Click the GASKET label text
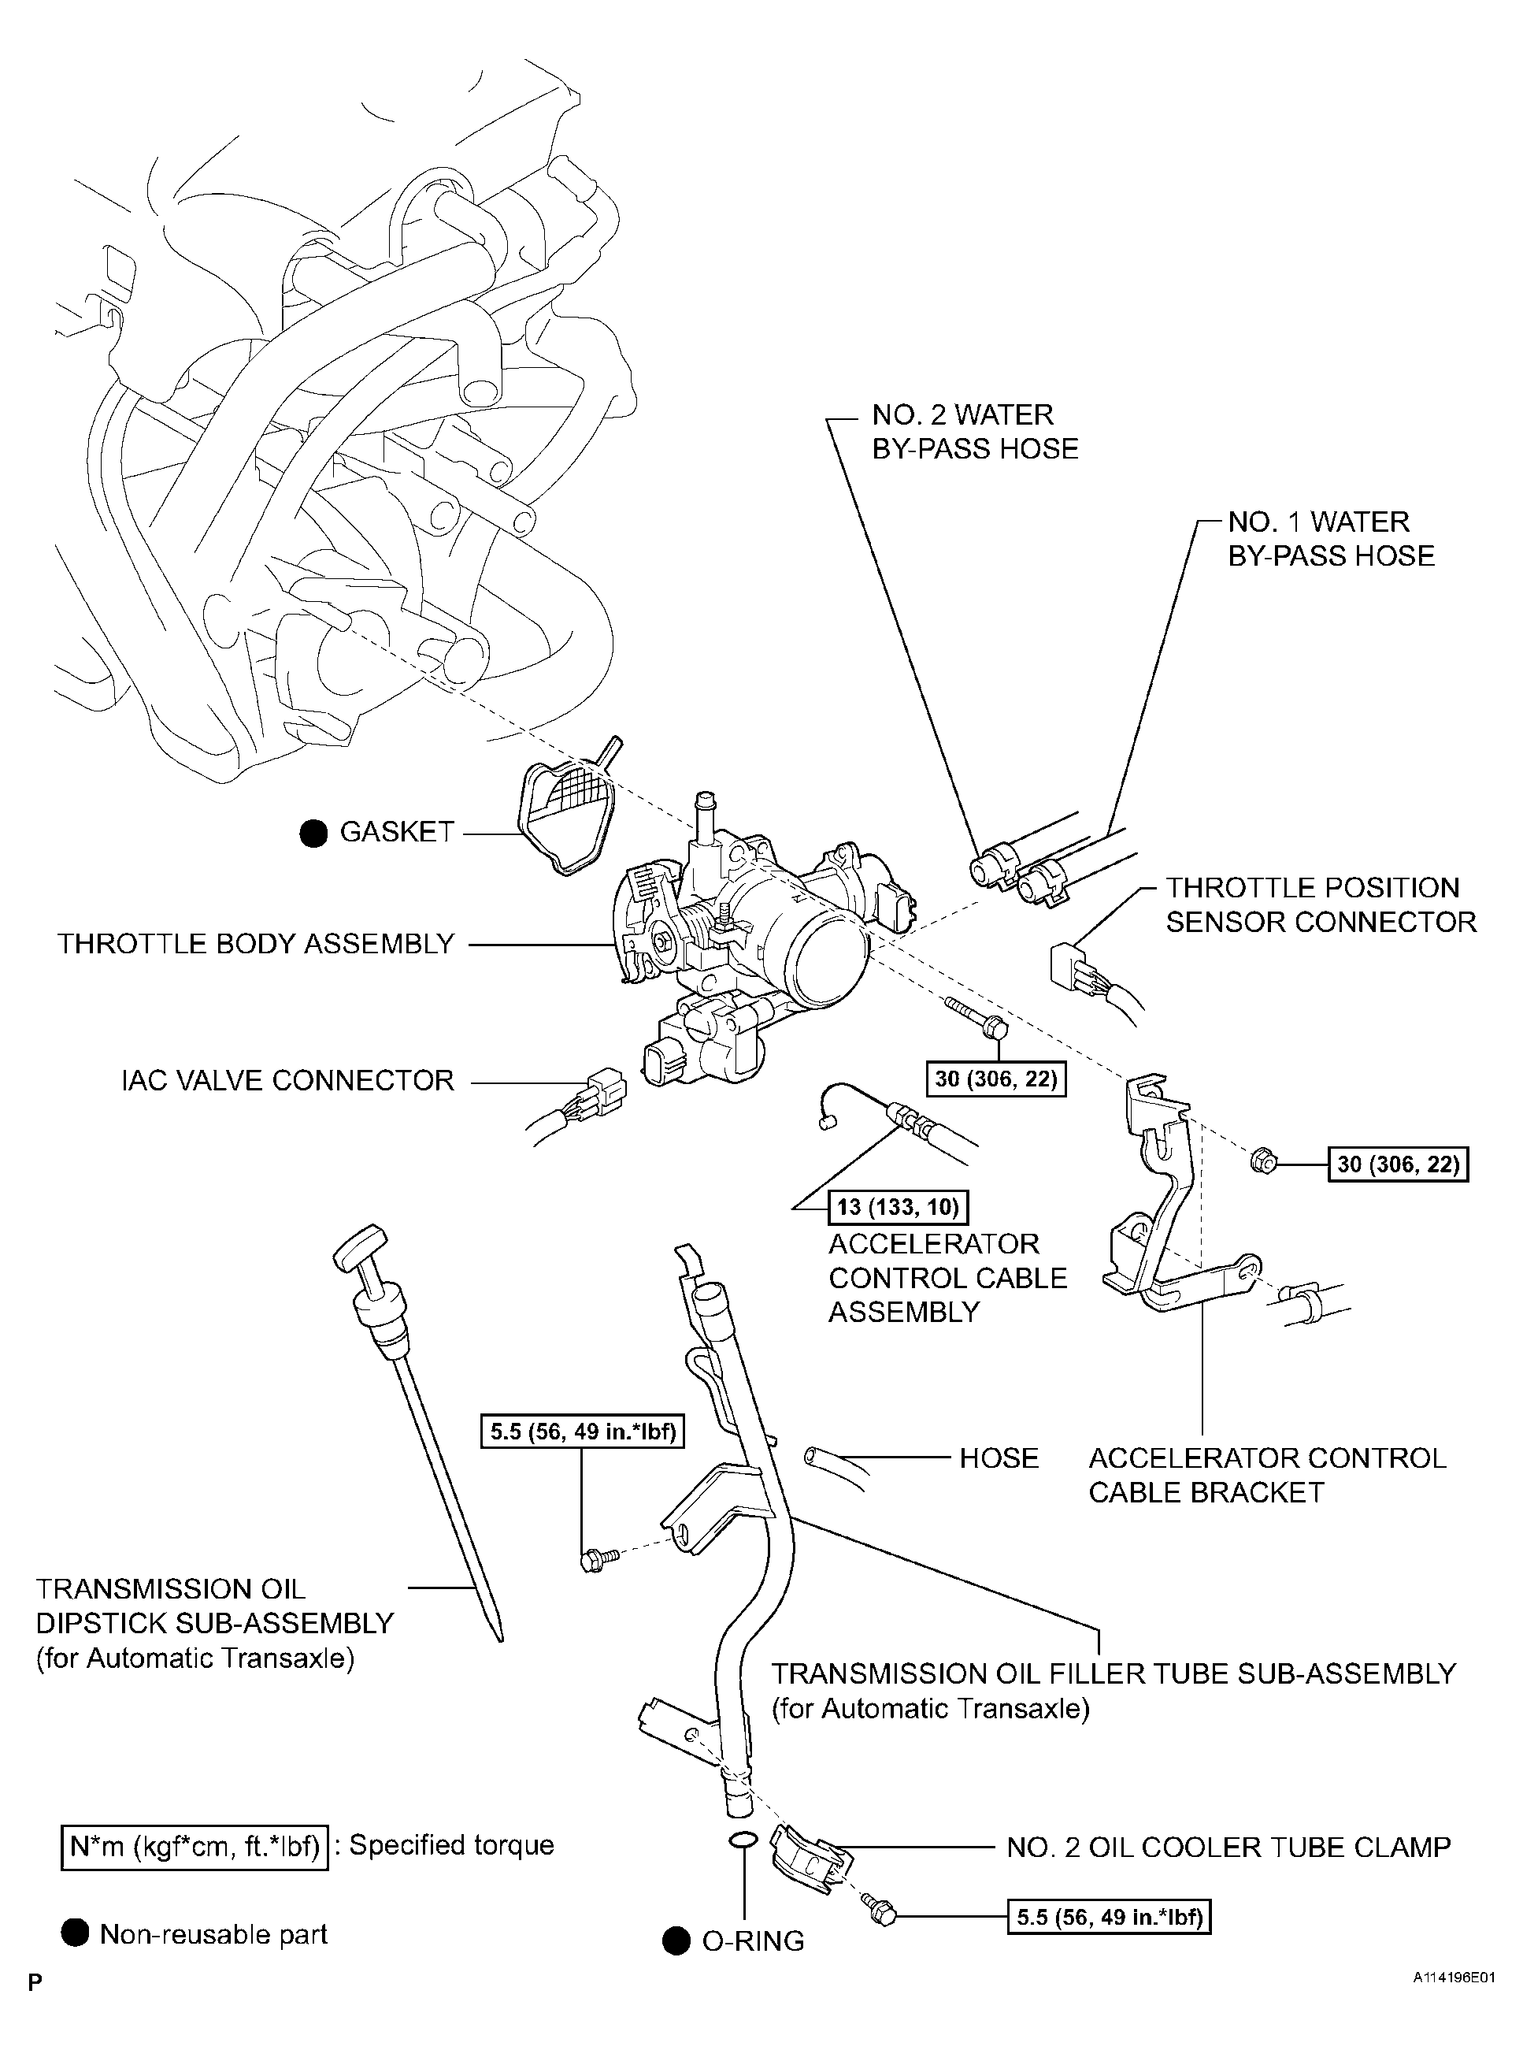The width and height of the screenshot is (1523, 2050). coord(396,832)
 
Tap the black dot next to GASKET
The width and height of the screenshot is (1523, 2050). coord(313,833)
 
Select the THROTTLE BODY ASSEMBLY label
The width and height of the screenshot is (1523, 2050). coord(255,945)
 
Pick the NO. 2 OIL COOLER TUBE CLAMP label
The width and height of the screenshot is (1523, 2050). coord(1228,1847)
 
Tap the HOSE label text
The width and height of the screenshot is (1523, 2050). coord(999,1458)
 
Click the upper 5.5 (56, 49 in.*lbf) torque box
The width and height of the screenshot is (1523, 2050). coord(583,1432)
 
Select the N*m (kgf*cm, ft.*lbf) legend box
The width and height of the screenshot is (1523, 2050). coord(195,1846)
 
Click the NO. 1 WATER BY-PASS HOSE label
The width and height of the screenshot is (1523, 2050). coord(1330,539)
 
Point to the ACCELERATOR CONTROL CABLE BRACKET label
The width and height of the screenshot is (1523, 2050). coord(1267,1475)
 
